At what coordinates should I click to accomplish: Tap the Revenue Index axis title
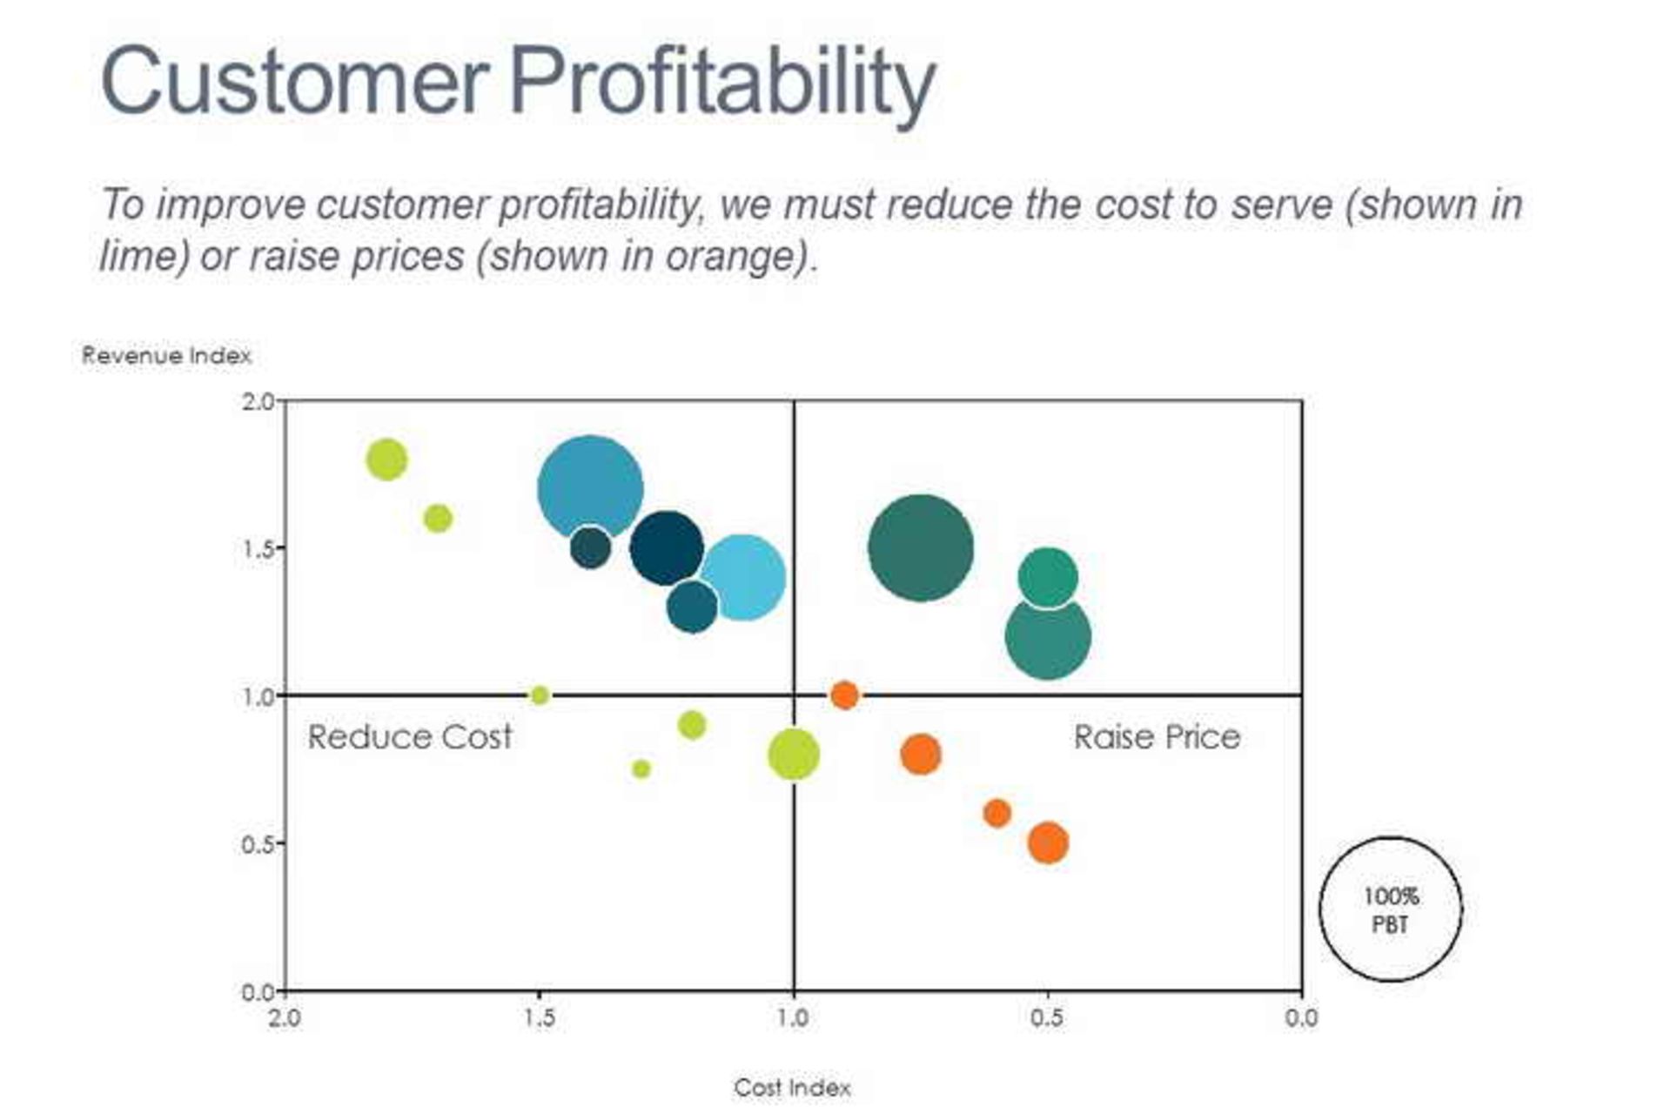[166, 355]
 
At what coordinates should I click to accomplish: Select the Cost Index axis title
[792, 1087]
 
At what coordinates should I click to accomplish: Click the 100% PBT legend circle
[1390, 909]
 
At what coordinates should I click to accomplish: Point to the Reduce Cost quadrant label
[409, 737]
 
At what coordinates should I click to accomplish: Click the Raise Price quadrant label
[1157, 737]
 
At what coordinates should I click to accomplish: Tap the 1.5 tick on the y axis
[258, 549]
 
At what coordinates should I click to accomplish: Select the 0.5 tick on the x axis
[1047, 1017]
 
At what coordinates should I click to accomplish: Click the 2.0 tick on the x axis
[285, 1017]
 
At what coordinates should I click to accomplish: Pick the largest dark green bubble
[920, 548]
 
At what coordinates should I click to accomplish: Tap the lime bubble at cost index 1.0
[793, 755]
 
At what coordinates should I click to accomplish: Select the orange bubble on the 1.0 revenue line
[844, 695]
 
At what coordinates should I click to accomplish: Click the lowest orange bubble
[1048, 842]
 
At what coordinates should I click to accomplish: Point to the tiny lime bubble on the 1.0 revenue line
[540, 695]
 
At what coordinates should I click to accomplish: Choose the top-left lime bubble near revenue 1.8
[386, 460]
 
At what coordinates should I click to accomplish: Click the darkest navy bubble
[666, 548]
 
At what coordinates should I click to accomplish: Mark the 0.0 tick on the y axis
[258, 992]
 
